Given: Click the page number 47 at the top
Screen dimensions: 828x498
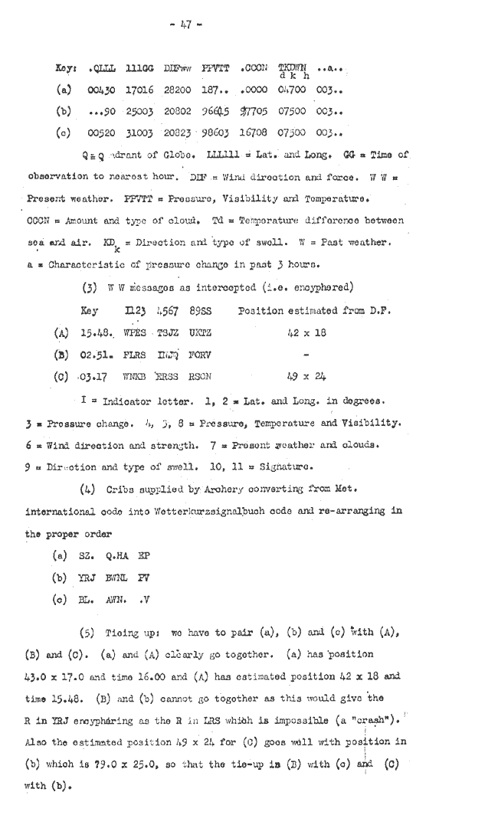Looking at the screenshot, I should coord(185,25).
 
